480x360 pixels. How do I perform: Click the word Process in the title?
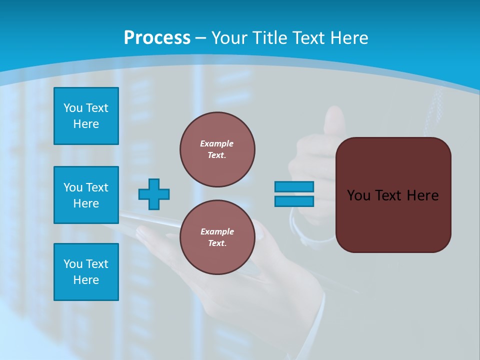coord(157,38)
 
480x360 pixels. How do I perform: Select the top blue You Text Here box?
coord(86,116)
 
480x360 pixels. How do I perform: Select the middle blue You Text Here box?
coord(86,195)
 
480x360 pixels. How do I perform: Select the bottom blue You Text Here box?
coord(86,272)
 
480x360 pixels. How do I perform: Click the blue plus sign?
coord(154,194)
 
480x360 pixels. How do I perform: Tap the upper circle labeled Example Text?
coord(217,149)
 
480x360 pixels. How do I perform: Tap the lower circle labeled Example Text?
coord(217,237)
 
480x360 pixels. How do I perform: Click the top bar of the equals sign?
coord(294,187)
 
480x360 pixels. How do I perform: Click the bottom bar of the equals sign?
coord(294,201)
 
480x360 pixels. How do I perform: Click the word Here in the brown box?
coord(422,195)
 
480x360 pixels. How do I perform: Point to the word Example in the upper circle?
coord(217,143)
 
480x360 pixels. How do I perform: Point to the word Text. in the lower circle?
coord(217,243)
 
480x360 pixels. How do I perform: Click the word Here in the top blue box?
coord(86,124)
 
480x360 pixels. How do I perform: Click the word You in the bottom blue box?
coord(73,264)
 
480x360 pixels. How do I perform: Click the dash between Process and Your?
coord(201,38)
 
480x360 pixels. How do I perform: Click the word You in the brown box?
coord(358,195)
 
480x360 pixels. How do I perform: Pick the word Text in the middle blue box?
coord(97,187)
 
